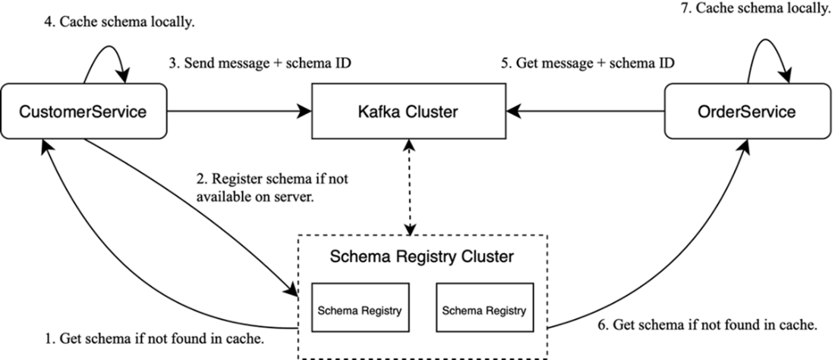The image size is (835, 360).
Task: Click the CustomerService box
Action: (x=83, y=112)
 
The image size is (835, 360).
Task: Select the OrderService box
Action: (x=746, y=112)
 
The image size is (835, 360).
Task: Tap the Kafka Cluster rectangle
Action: (x=408, y=112)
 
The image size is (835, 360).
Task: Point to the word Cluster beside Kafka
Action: (x=432, y=112)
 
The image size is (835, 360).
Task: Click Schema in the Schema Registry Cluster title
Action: (x=355, y=257)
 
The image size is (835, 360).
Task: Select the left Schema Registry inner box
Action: (x=360, y=308)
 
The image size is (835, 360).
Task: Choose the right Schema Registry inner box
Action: (x=484, y=308)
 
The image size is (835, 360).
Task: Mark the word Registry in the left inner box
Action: (x=381, y=311)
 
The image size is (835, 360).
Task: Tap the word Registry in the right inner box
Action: (x=506, y=311)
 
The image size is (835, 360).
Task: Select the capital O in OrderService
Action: (x=703, y=112)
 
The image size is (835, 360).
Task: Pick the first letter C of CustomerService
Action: (x=24, y=112)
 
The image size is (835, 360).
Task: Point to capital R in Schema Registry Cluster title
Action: (x=400, y=257)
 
